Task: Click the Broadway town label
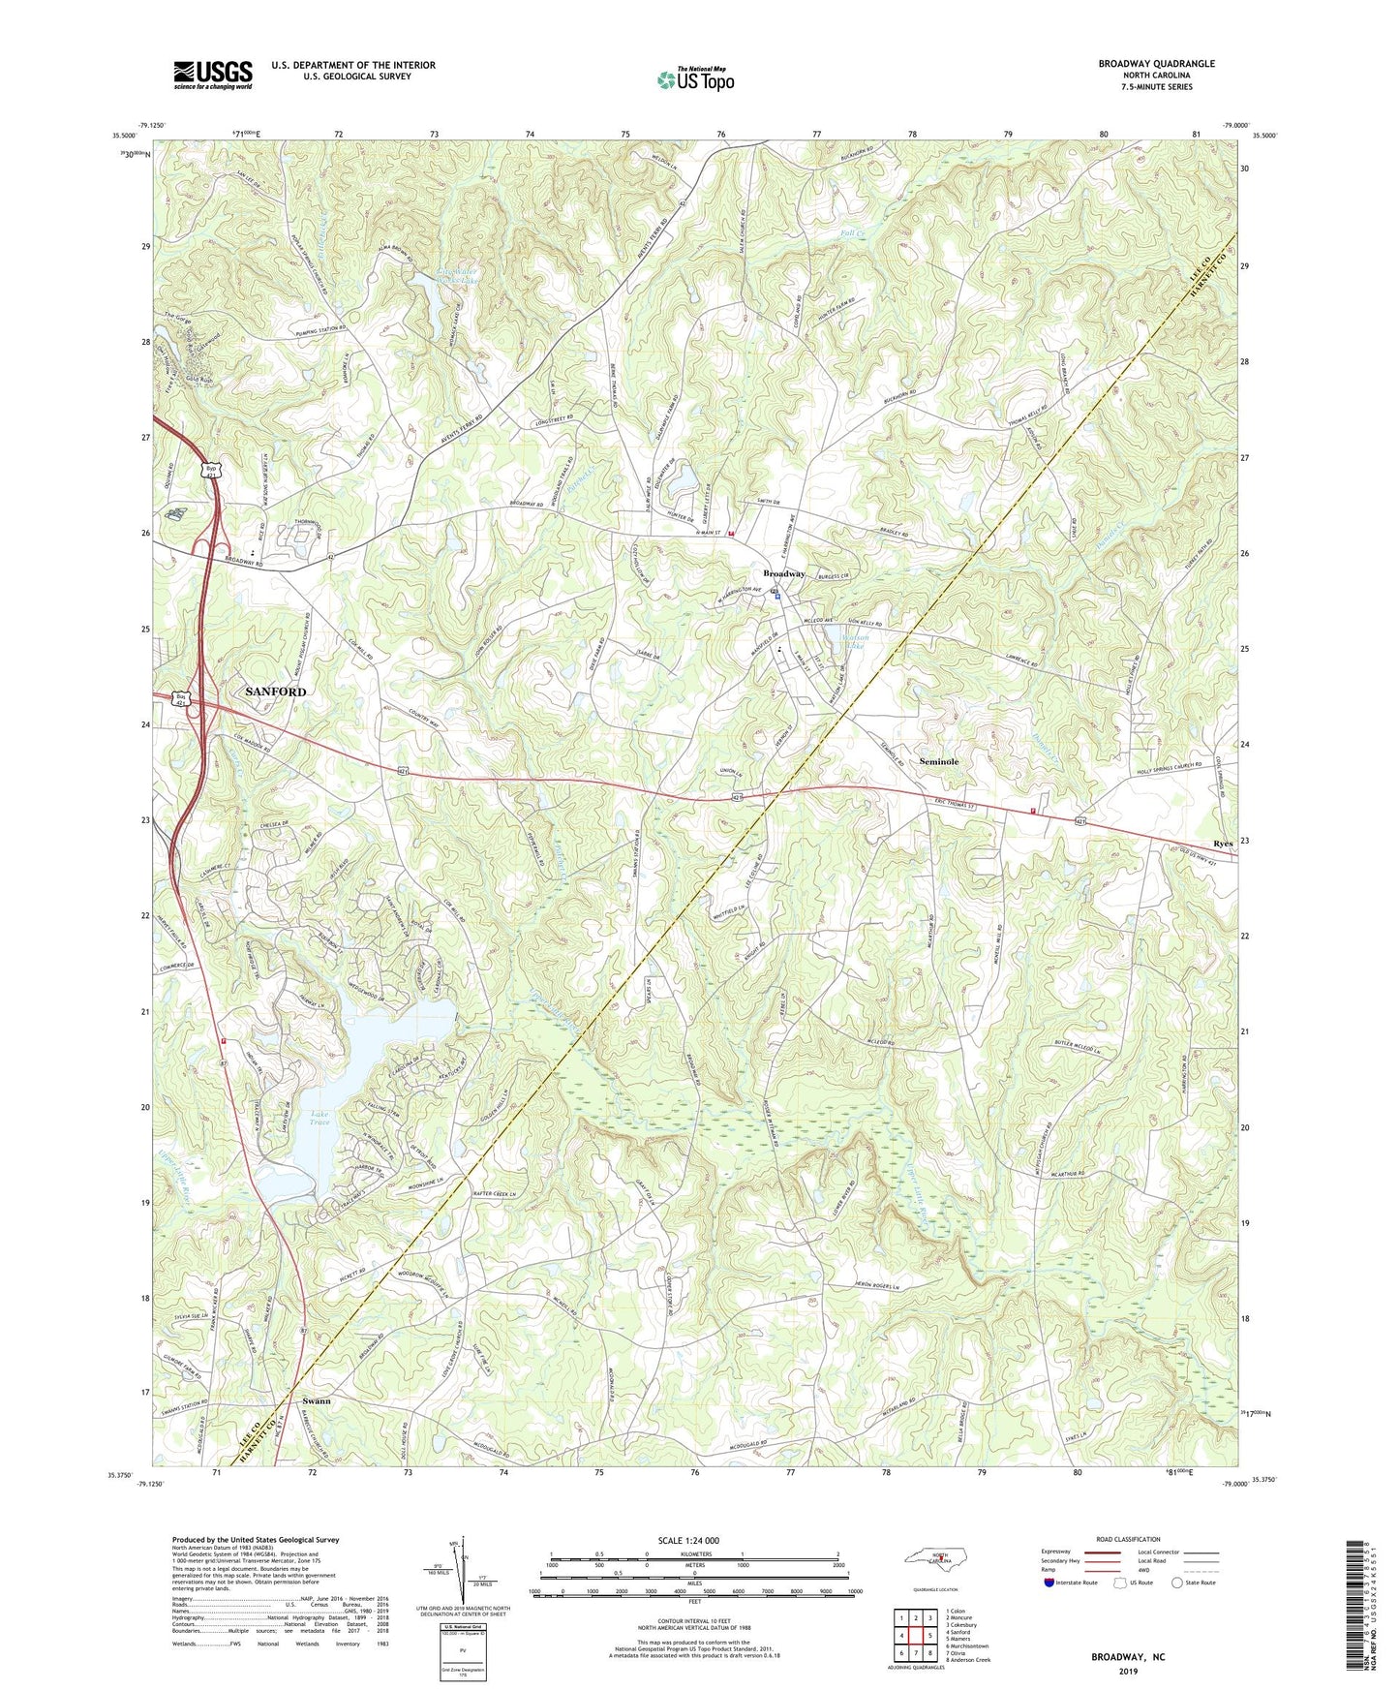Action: pos(783,573)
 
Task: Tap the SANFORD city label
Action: pos(275,692)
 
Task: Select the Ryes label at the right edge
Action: pos(1223,844)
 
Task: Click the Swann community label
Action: pos(316,1401)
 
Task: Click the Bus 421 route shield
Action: pos(180,698)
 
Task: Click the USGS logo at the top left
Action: pos(213,74)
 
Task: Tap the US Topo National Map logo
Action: pos(694,79)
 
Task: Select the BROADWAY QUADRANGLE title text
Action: pos(1156,64)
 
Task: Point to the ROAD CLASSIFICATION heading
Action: pos(1128,1539)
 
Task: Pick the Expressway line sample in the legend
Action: pos(1098,1552)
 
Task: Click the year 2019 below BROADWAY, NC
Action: pos(1128,1671)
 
